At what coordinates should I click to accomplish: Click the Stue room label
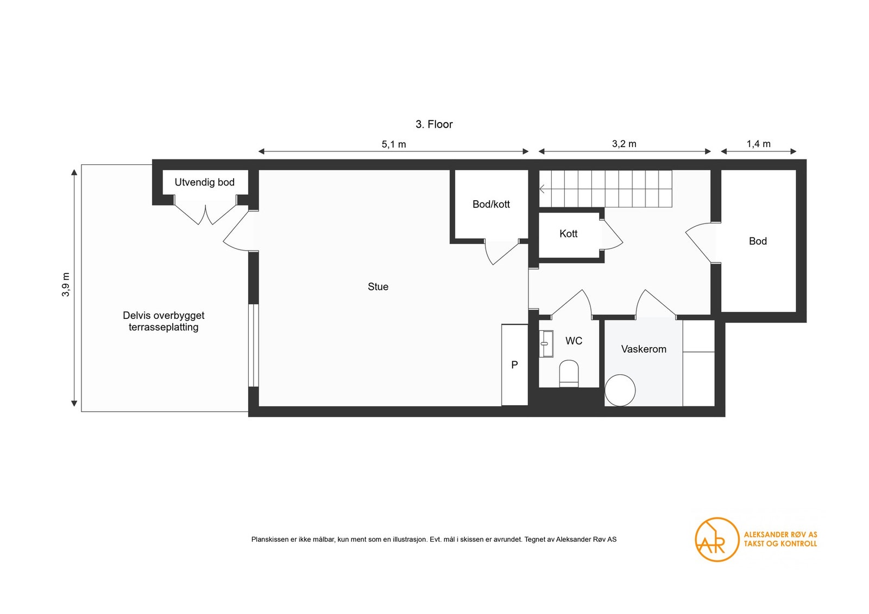(378, 287)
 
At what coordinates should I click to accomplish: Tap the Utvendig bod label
(204, 182)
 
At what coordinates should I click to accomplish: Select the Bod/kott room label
(491, 204)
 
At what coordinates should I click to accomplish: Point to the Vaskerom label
(644, 349)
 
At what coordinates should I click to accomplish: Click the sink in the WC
(546, 343)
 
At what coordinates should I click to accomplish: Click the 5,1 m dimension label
(394, 144)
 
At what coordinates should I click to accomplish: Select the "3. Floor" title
(434, 124)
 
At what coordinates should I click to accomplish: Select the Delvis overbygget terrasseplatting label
(163, 321)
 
